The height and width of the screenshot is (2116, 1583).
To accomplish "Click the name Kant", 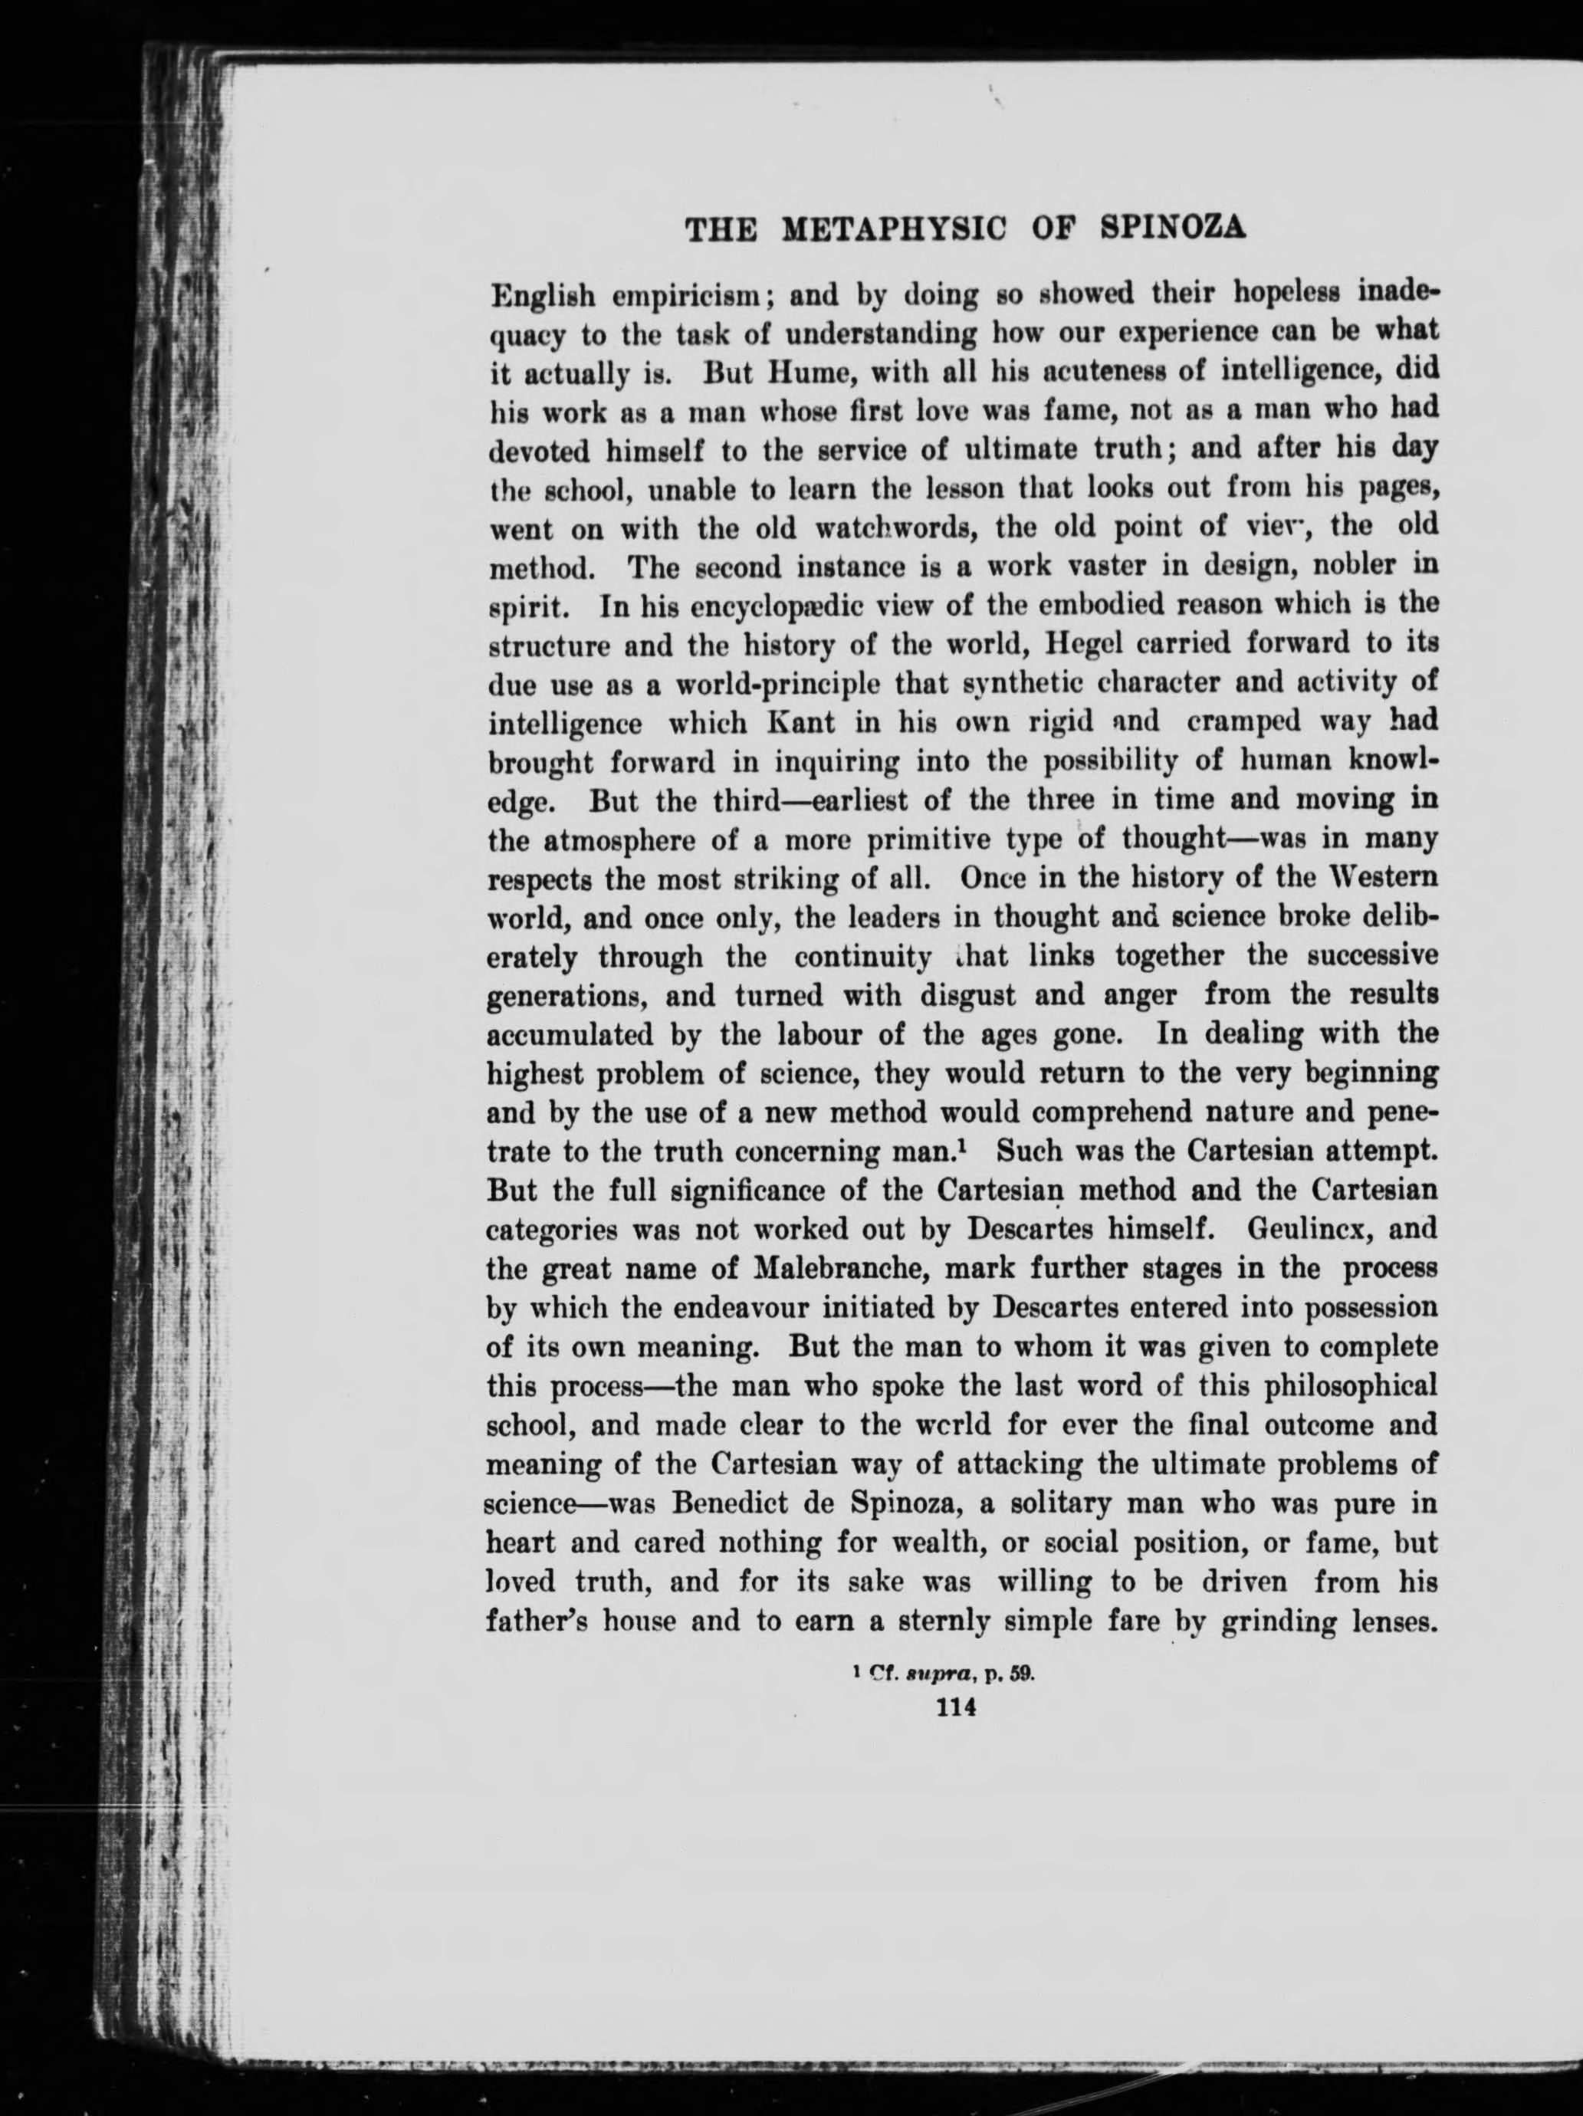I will pos(808,722).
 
